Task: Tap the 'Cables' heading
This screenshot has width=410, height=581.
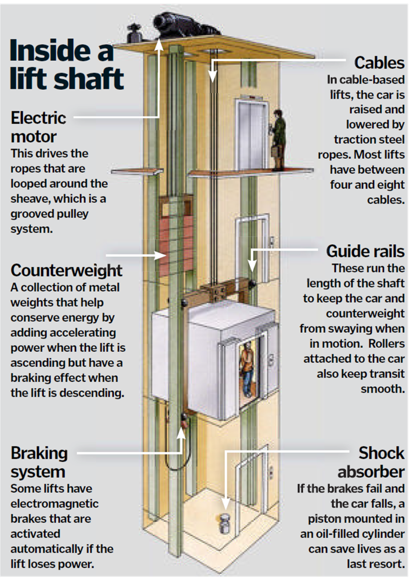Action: click(x=379, y=63)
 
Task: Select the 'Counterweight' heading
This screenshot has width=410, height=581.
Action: click(x=67, y=270)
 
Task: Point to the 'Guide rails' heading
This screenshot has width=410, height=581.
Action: click(x=365, y=252)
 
